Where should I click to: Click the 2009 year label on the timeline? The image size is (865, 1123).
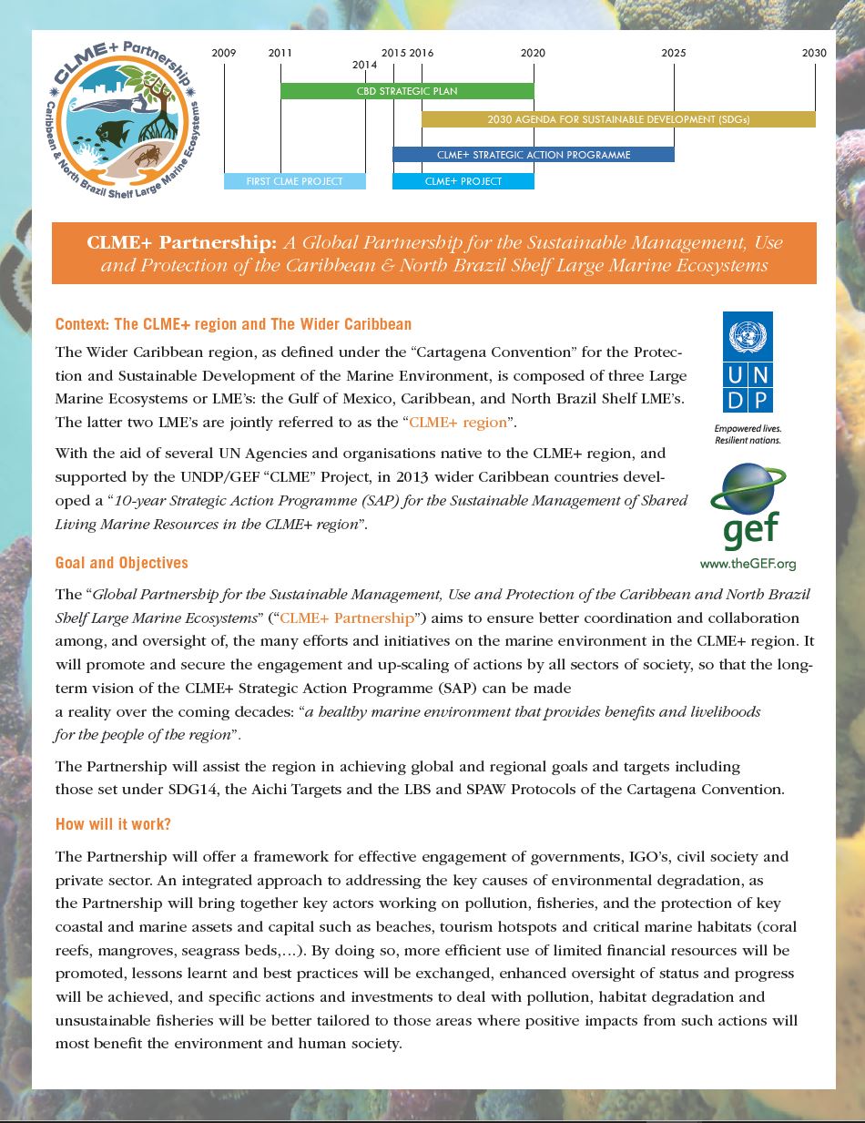coord(224,53)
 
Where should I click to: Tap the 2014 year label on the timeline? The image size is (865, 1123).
coord(364,65)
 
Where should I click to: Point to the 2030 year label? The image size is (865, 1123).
coord(814,53)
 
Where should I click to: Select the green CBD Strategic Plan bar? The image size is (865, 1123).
coord(406,91)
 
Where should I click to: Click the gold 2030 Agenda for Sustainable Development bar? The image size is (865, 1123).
coord(618,119)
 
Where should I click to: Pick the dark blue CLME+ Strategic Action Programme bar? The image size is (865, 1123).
coord(533,155)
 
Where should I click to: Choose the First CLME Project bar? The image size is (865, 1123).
coord(294,181)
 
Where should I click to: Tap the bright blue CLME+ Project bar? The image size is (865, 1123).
coord(463,181)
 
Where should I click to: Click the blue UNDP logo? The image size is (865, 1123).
coord(748,362)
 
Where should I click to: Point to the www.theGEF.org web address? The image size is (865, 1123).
coord(748,564)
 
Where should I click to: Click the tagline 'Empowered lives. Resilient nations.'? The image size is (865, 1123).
coord(748,434)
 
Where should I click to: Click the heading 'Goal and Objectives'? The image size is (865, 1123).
coord(122,563)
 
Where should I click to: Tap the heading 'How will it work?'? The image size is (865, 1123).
coord(113,824)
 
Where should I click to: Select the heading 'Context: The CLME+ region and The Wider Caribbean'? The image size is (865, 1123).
coord(233,324)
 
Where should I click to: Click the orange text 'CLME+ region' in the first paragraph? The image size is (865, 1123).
coord(457,423)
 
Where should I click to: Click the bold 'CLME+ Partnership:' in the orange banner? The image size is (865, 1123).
coord(181,243)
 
